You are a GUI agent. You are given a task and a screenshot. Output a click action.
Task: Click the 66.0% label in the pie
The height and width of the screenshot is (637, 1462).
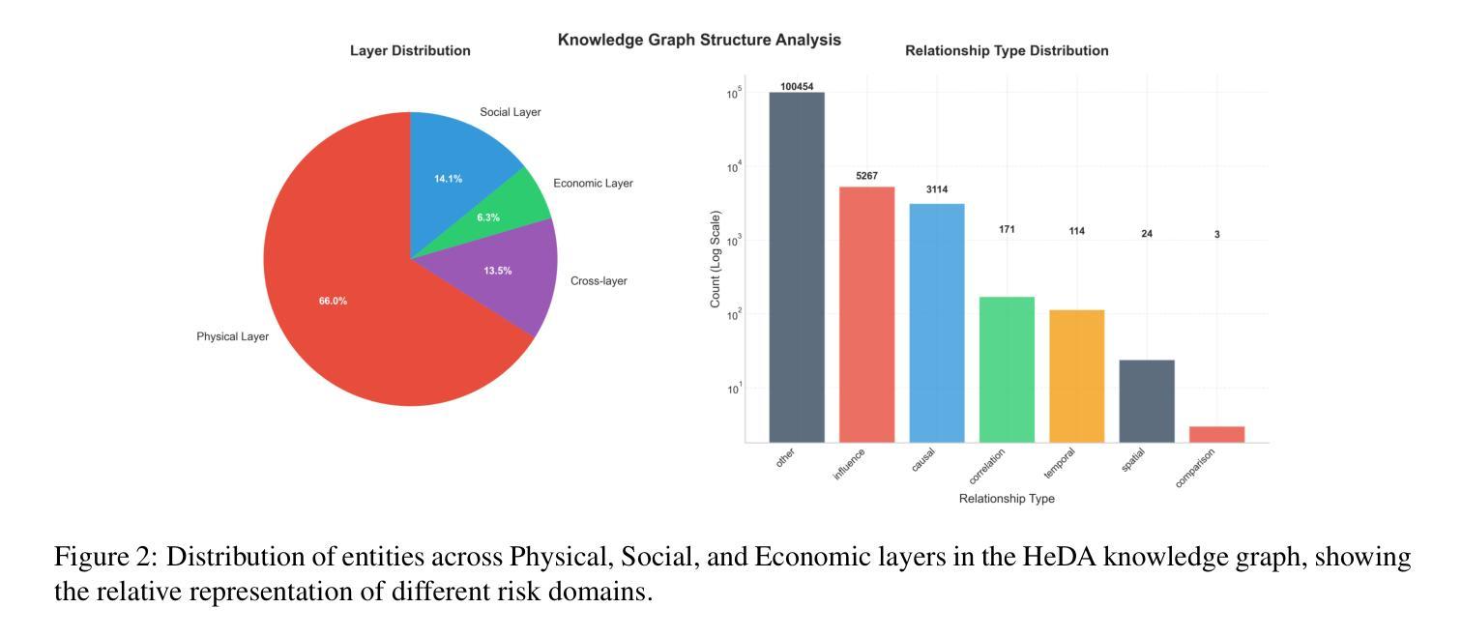(333, 302)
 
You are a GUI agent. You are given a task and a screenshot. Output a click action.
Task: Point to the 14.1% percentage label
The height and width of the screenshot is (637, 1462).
(448, 179)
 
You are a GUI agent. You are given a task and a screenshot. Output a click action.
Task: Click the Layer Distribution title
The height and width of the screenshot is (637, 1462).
(410, 51)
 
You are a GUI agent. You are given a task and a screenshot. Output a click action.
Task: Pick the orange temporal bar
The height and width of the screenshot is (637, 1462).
(1076, 376)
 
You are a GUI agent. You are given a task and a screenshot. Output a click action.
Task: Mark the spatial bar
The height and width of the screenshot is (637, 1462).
(1147, 401)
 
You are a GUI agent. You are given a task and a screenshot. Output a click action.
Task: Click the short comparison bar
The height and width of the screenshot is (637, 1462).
(1216, 434)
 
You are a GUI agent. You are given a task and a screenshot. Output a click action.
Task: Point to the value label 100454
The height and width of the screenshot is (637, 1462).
(797, 87)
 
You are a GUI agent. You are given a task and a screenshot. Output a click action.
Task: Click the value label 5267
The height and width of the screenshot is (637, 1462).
(866, 176)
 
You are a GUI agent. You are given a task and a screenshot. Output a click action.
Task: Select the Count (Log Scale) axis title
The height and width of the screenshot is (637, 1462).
(716, 259)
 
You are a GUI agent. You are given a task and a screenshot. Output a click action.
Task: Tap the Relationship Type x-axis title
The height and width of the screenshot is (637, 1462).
(1007, 499)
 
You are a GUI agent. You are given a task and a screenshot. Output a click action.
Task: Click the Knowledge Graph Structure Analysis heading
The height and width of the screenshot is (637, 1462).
(699, 41)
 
